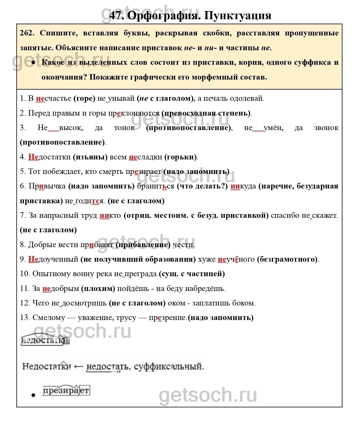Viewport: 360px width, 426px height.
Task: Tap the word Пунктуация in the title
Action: [x=238, y=15]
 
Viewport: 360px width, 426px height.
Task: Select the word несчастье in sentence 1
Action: [x=53, y=98]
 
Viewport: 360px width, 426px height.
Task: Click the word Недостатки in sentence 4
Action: [x=49, y=157]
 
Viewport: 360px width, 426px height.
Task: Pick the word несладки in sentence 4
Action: [x=145, y=157]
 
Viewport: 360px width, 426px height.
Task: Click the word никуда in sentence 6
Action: [x=243, y=186]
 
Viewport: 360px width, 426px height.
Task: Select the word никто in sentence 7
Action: [x=110, y=215]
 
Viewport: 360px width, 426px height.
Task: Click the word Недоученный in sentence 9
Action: [x=53, y=259]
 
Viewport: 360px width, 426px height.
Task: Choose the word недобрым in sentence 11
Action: [x=61, y=289]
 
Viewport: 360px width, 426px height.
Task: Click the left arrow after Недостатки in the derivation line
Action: [x=79, y=366]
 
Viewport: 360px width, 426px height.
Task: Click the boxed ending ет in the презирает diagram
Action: [x=84, y=391]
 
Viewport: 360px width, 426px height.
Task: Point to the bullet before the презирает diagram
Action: [x=33, y=395]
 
